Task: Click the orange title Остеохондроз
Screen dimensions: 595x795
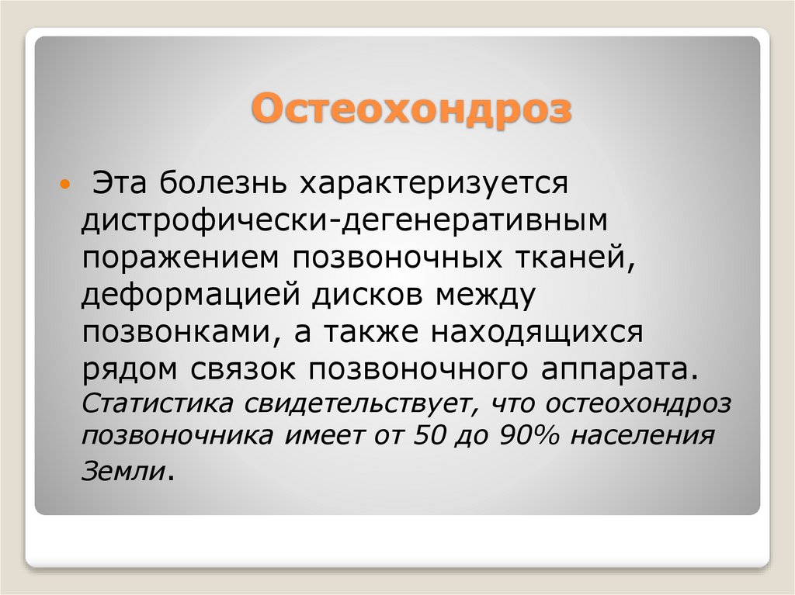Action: [x=411, y=109]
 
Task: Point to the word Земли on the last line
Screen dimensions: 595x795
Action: [x=123, y=470]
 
